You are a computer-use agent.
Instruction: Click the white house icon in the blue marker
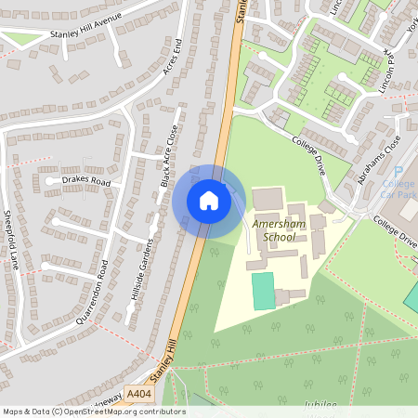click(208, 201)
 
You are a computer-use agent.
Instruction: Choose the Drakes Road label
click(85, 180)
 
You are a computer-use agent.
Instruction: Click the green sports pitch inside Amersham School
click(264, 291)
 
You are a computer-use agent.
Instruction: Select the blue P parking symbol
click(398, 172)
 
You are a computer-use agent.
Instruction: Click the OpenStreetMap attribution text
click(94, 411)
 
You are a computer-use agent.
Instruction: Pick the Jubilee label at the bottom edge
click(320, 406)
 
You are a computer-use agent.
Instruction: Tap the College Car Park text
click(399, 189)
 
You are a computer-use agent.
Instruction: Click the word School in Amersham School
click(279, 237)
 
